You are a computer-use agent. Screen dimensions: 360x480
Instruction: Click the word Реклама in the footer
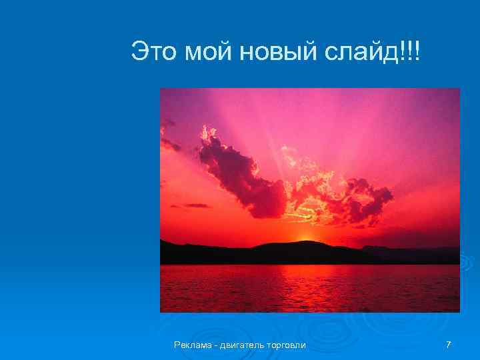[x=192, y=345]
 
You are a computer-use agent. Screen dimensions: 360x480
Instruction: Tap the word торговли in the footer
[x=287, y=345]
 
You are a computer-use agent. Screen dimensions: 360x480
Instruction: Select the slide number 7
[x=448, y=345]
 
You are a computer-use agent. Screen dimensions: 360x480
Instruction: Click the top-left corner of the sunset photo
[x=161, y=89]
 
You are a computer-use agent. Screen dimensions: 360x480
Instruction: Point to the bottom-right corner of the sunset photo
[x=459, y=311]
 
